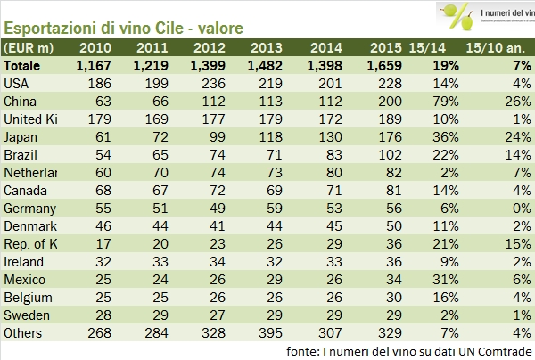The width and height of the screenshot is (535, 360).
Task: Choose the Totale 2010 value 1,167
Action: click(x=94, y=65)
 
